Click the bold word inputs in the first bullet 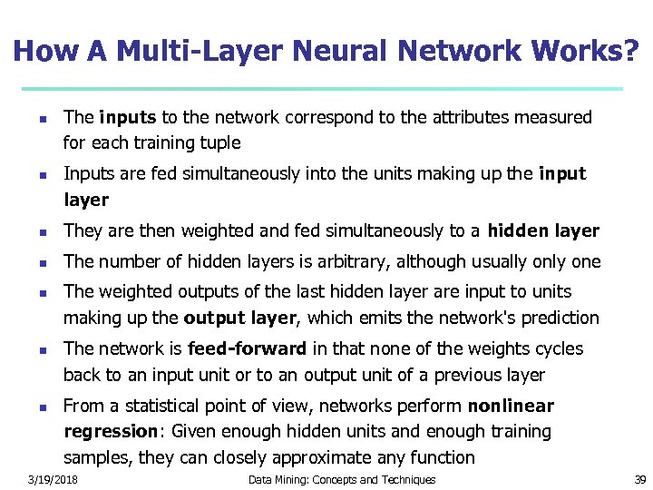pyautogui.click(x=128, y=117)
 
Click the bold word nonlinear pyautogui.click(x=511, y=406)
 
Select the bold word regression pyautogui.click(x=106, y=432)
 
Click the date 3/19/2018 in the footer pyautogui.click(x=53, y=479)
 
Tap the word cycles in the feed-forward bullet pyautogui.click(x=559, y=349)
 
